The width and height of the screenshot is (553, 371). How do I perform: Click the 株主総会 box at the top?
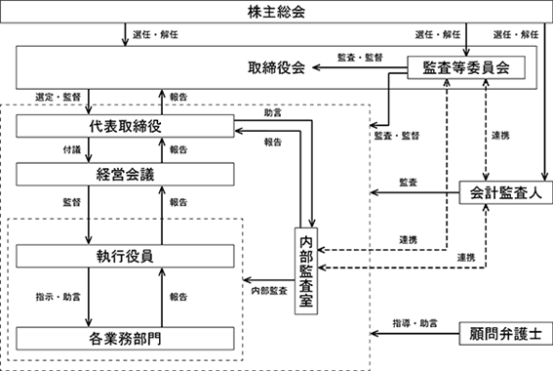[x=277, y=12]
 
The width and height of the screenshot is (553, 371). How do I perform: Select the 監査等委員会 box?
[x=466, y=67]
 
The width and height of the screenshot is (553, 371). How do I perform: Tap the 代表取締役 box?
[x=125, y=126]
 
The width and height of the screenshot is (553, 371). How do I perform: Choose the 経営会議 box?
[x=125, y=175]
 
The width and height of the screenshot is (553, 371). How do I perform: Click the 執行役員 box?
[x=125, y=256]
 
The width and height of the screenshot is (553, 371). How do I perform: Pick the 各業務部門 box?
[x=125, y=339]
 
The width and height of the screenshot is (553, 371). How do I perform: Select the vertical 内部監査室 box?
[x=306, y=271]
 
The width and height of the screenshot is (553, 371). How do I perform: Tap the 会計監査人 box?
[x=506, y=192]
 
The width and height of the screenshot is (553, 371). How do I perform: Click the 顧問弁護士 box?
[x=506, y=333]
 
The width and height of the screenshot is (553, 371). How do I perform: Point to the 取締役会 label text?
[x=276, y=67]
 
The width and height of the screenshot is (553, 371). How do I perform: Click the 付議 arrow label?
[x=72, y=149]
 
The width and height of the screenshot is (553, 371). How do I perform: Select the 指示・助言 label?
[x=59, y=297]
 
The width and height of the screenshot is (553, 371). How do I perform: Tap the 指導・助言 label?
[x=415, y=323]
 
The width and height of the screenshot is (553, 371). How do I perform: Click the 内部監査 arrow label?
[x=269, y=291]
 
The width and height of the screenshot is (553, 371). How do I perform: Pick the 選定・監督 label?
[x=59, y=97]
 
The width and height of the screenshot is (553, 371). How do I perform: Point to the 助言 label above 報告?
[x=273, y=113]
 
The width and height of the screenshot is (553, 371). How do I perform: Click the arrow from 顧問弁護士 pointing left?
[x=415, y=333]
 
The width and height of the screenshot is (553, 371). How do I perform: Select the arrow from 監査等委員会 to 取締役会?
[x=360, y=67]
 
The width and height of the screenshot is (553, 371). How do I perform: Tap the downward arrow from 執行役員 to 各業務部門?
[x=89, y=297]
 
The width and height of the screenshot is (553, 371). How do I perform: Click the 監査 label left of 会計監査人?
[x=409, y=183]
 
